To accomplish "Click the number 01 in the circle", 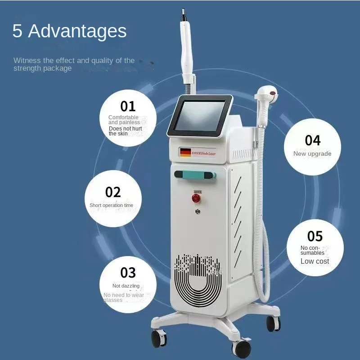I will coord(128,106).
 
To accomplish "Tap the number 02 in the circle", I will coord(113,192).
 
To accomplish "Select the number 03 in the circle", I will coord(128,272).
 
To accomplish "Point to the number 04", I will coord(312,140).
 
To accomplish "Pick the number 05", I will coord(315,236).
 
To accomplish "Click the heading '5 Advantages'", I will coord(69,31).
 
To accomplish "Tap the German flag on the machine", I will coord(185,153).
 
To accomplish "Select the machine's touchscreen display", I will coord(199,116).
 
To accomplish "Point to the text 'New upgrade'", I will coord(312,153).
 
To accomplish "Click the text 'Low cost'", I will coord(315,261).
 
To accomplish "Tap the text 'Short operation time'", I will coord(111,205).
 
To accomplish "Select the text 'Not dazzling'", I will coord(126,286).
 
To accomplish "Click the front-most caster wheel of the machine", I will coord(242,347).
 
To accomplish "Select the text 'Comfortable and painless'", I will coord(123,120).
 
